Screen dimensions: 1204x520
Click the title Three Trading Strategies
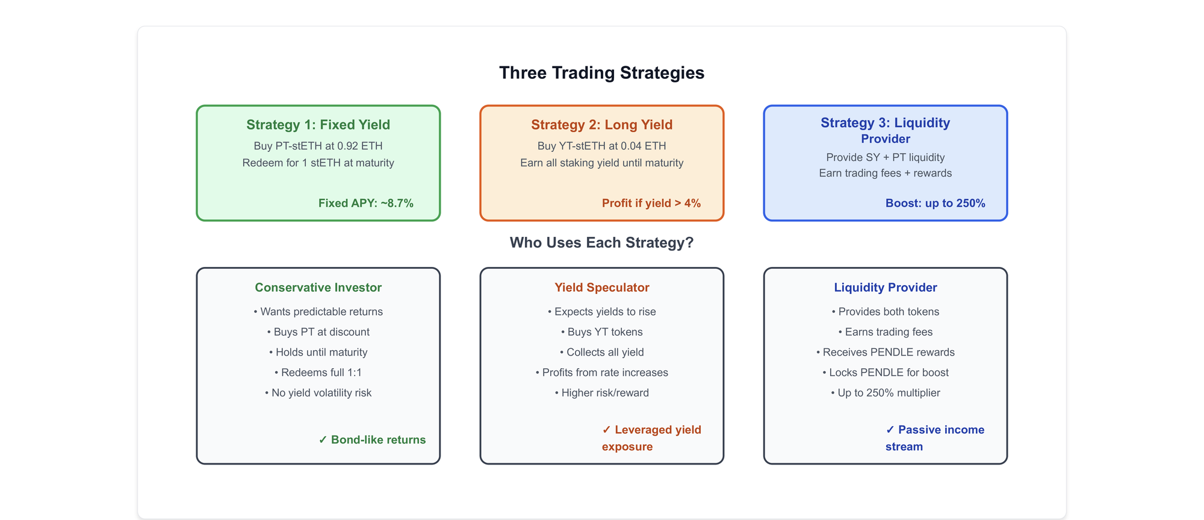601,73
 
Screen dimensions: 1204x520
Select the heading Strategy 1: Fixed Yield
318,125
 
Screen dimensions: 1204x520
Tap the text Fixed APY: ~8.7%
366,203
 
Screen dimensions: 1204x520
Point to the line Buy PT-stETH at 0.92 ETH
318,146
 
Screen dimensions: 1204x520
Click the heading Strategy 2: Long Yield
601,125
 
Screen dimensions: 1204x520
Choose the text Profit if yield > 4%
651,203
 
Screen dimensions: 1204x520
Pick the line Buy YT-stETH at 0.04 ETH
601,146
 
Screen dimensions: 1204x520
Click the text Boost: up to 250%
935,203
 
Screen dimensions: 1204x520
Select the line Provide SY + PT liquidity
885,157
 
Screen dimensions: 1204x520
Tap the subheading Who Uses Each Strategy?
601,243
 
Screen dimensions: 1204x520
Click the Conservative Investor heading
318,287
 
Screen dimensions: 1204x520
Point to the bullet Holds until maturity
318,352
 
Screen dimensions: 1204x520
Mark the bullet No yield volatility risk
318,393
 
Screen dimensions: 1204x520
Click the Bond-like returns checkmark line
372,440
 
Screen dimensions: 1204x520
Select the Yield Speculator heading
601,287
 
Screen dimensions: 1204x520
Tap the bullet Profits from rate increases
601,372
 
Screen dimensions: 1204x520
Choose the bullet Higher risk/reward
601,393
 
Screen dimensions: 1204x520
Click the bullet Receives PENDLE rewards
885,352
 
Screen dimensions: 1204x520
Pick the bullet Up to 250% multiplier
885,393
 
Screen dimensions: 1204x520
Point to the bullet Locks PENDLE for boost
885,372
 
